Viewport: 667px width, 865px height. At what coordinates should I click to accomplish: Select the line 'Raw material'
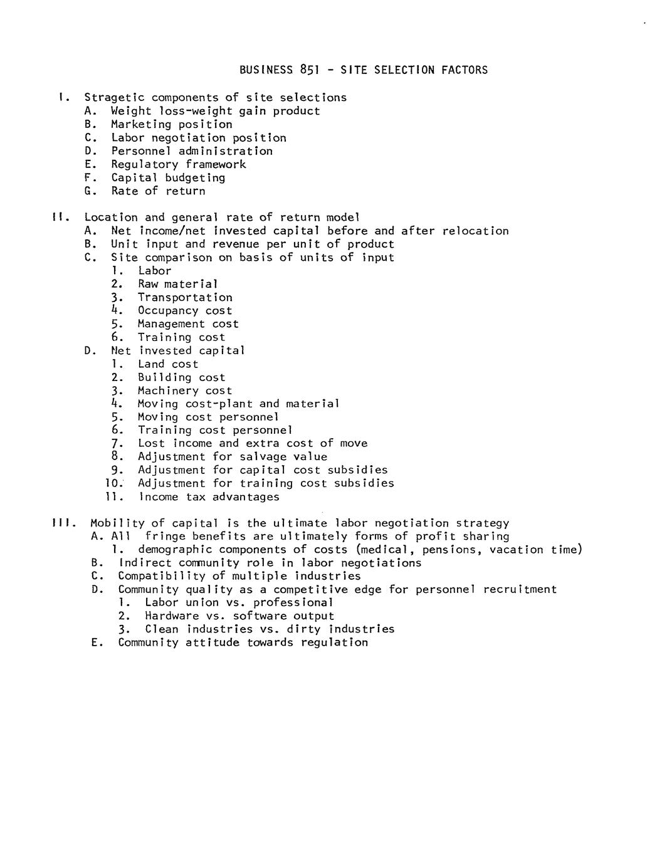click(177, 284)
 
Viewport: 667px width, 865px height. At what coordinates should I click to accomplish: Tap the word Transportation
click(185, 297)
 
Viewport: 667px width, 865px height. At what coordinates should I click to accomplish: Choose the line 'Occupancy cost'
click(185, 310)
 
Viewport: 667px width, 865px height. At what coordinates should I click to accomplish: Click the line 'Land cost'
click(167, 364)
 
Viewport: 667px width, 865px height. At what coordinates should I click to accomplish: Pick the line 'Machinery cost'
click(185, 391)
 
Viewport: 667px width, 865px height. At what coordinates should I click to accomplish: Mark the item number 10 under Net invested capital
click(114, 483)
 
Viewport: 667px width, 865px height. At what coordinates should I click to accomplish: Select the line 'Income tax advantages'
click(208, 497)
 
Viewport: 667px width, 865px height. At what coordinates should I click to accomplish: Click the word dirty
click(303, 629)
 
